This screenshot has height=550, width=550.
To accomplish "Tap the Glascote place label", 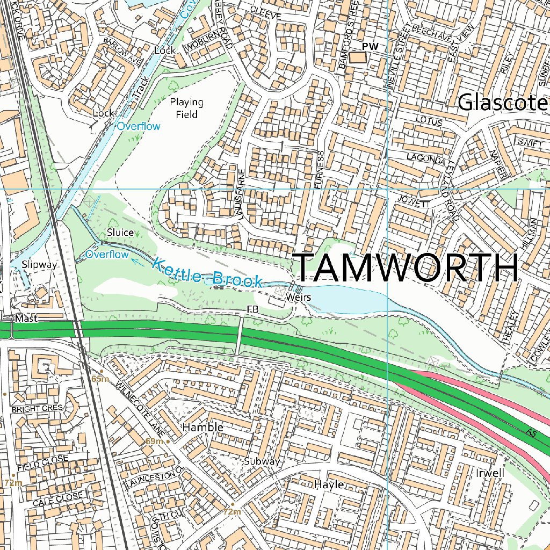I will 503,103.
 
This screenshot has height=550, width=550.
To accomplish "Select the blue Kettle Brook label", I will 207,272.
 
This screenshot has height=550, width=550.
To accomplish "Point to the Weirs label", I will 298,297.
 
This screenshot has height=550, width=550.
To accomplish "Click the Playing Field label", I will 186,108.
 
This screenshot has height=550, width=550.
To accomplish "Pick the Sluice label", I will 120,232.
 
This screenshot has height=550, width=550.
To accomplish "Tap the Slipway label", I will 39,264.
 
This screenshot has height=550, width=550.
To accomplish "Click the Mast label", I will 26,319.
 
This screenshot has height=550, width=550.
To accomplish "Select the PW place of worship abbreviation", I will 370,47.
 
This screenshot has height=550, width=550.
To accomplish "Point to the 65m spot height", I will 100,379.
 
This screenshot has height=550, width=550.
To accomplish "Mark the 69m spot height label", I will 154,441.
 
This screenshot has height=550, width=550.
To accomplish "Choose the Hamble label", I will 202,428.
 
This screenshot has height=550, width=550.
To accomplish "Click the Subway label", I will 262,461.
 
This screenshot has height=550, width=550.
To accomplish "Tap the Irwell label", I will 490,473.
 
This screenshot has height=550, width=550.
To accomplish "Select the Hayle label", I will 328,484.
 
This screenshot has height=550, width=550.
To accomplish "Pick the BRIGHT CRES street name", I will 37,409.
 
